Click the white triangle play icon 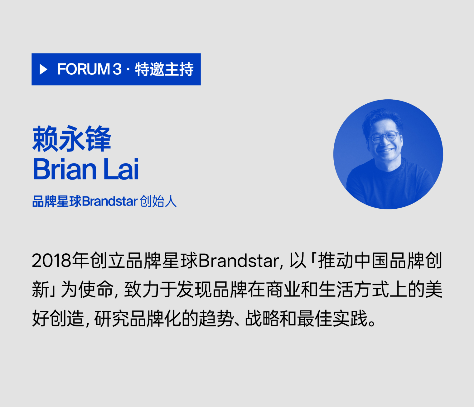point(43,69)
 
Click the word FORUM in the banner point(84,69)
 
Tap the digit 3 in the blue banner point(117,69)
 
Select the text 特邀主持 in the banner point(164,69)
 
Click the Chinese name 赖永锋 point(72,139)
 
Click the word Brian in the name point(65,169)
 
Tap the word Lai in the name point(121,169)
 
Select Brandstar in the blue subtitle point(110,201)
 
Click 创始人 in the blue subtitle point(158,201)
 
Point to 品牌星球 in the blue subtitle point(57,201)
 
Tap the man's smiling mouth point(386,151)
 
